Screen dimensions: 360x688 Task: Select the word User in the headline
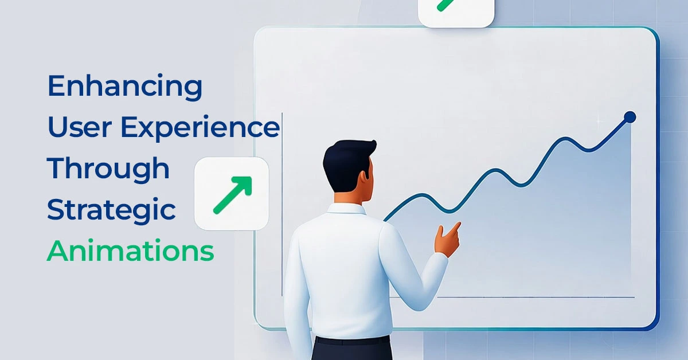(x=81, y=127)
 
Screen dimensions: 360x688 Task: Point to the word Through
(x=108, y=169)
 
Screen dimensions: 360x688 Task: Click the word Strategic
(x=111, y=210)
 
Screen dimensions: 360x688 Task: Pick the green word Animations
(x=130, y=251)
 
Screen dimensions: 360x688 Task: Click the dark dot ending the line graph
(x=630, y=117)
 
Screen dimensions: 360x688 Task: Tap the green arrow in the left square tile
(x=232, y=194)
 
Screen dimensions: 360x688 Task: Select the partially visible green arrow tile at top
(x=456, y=11)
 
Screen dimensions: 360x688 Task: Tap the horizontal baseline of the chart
(x=533, y=297)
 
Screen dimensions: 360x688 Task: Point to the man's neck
(x=351, y=198)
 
